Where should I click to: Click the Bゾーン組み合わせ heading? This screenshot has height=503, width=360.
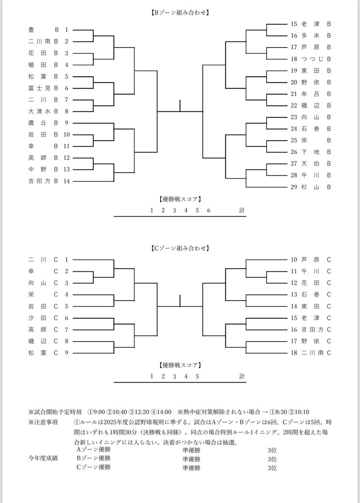coord(180,13)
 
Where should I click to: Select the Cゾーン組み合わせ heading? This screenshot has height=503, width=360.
coord(180,248)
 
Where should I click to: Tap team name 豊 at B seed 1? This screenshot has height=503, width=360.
coord(31,30)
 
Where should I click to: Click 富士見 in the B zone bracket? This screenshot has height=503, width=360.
coord(39,88)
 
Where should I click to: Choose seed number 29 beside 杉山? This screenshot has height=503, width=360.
coord(294,187)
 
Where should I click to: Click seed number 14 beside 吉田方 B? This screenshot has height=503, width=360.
coord(67,181)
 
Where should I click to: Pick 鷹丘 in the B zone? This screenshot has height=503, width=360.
coord(37,123)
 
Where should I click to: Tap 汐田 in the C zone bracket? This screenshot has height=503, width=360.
coord(37,318)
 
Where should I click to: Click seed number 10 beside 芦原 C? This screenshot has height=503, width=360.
coord(294,259)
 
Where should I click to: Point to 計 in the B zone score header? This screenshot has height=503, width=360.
coord(242,210)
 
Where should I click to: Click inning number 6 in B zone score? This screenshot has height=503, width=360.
coord(209,210)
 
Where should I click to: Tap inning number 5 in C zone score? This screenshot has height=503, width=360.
coord(197,376)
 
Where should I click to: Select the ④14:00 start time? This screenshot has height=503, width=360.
coord(161,412)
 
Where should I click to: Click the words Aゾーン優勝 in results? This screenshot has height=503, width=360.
coord(93,449)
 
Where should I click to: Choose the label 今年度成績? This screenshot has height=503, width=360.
coord(43,458)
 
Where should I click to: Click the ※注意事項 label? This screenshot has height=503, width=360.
coord(43,422)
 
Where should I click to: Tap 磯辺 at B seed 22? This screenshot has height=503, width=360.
coord(310,105)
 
